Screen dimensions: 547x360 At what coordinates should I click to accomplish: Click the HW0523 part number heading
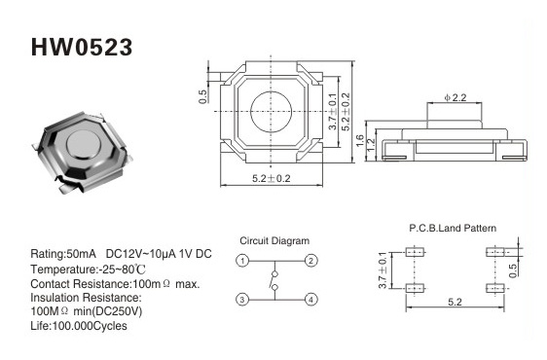click(x=82, y=48)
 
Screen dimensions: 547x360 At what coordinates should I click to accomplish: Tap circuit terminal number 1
click(x=242, y=261)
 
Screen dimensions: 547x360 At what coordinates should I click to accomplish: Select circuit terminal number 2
click(x=310, y=261)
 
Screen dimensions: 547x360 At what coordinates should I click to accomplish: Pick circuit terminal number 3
click(x=242, y=300)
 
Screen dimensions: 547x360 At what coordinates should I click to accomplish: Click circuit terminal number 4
click(x=310, y=300)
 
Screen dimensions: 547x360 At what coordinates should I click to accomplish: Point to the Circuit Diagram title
click(x=274, y=240)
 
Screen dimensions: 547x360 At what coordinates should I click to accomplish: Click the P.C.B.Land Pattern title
click(x=453, y=228)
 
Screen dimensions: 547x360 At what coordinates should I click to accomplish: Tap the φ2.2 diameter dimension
click(x=456, y=97)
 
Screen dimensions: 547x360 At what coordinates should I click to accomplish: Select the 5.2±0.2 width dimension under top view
click(x=271, y=179)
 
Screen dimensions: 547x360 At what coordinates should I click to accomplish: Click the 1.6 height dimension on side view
click(x=360, y=140)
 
